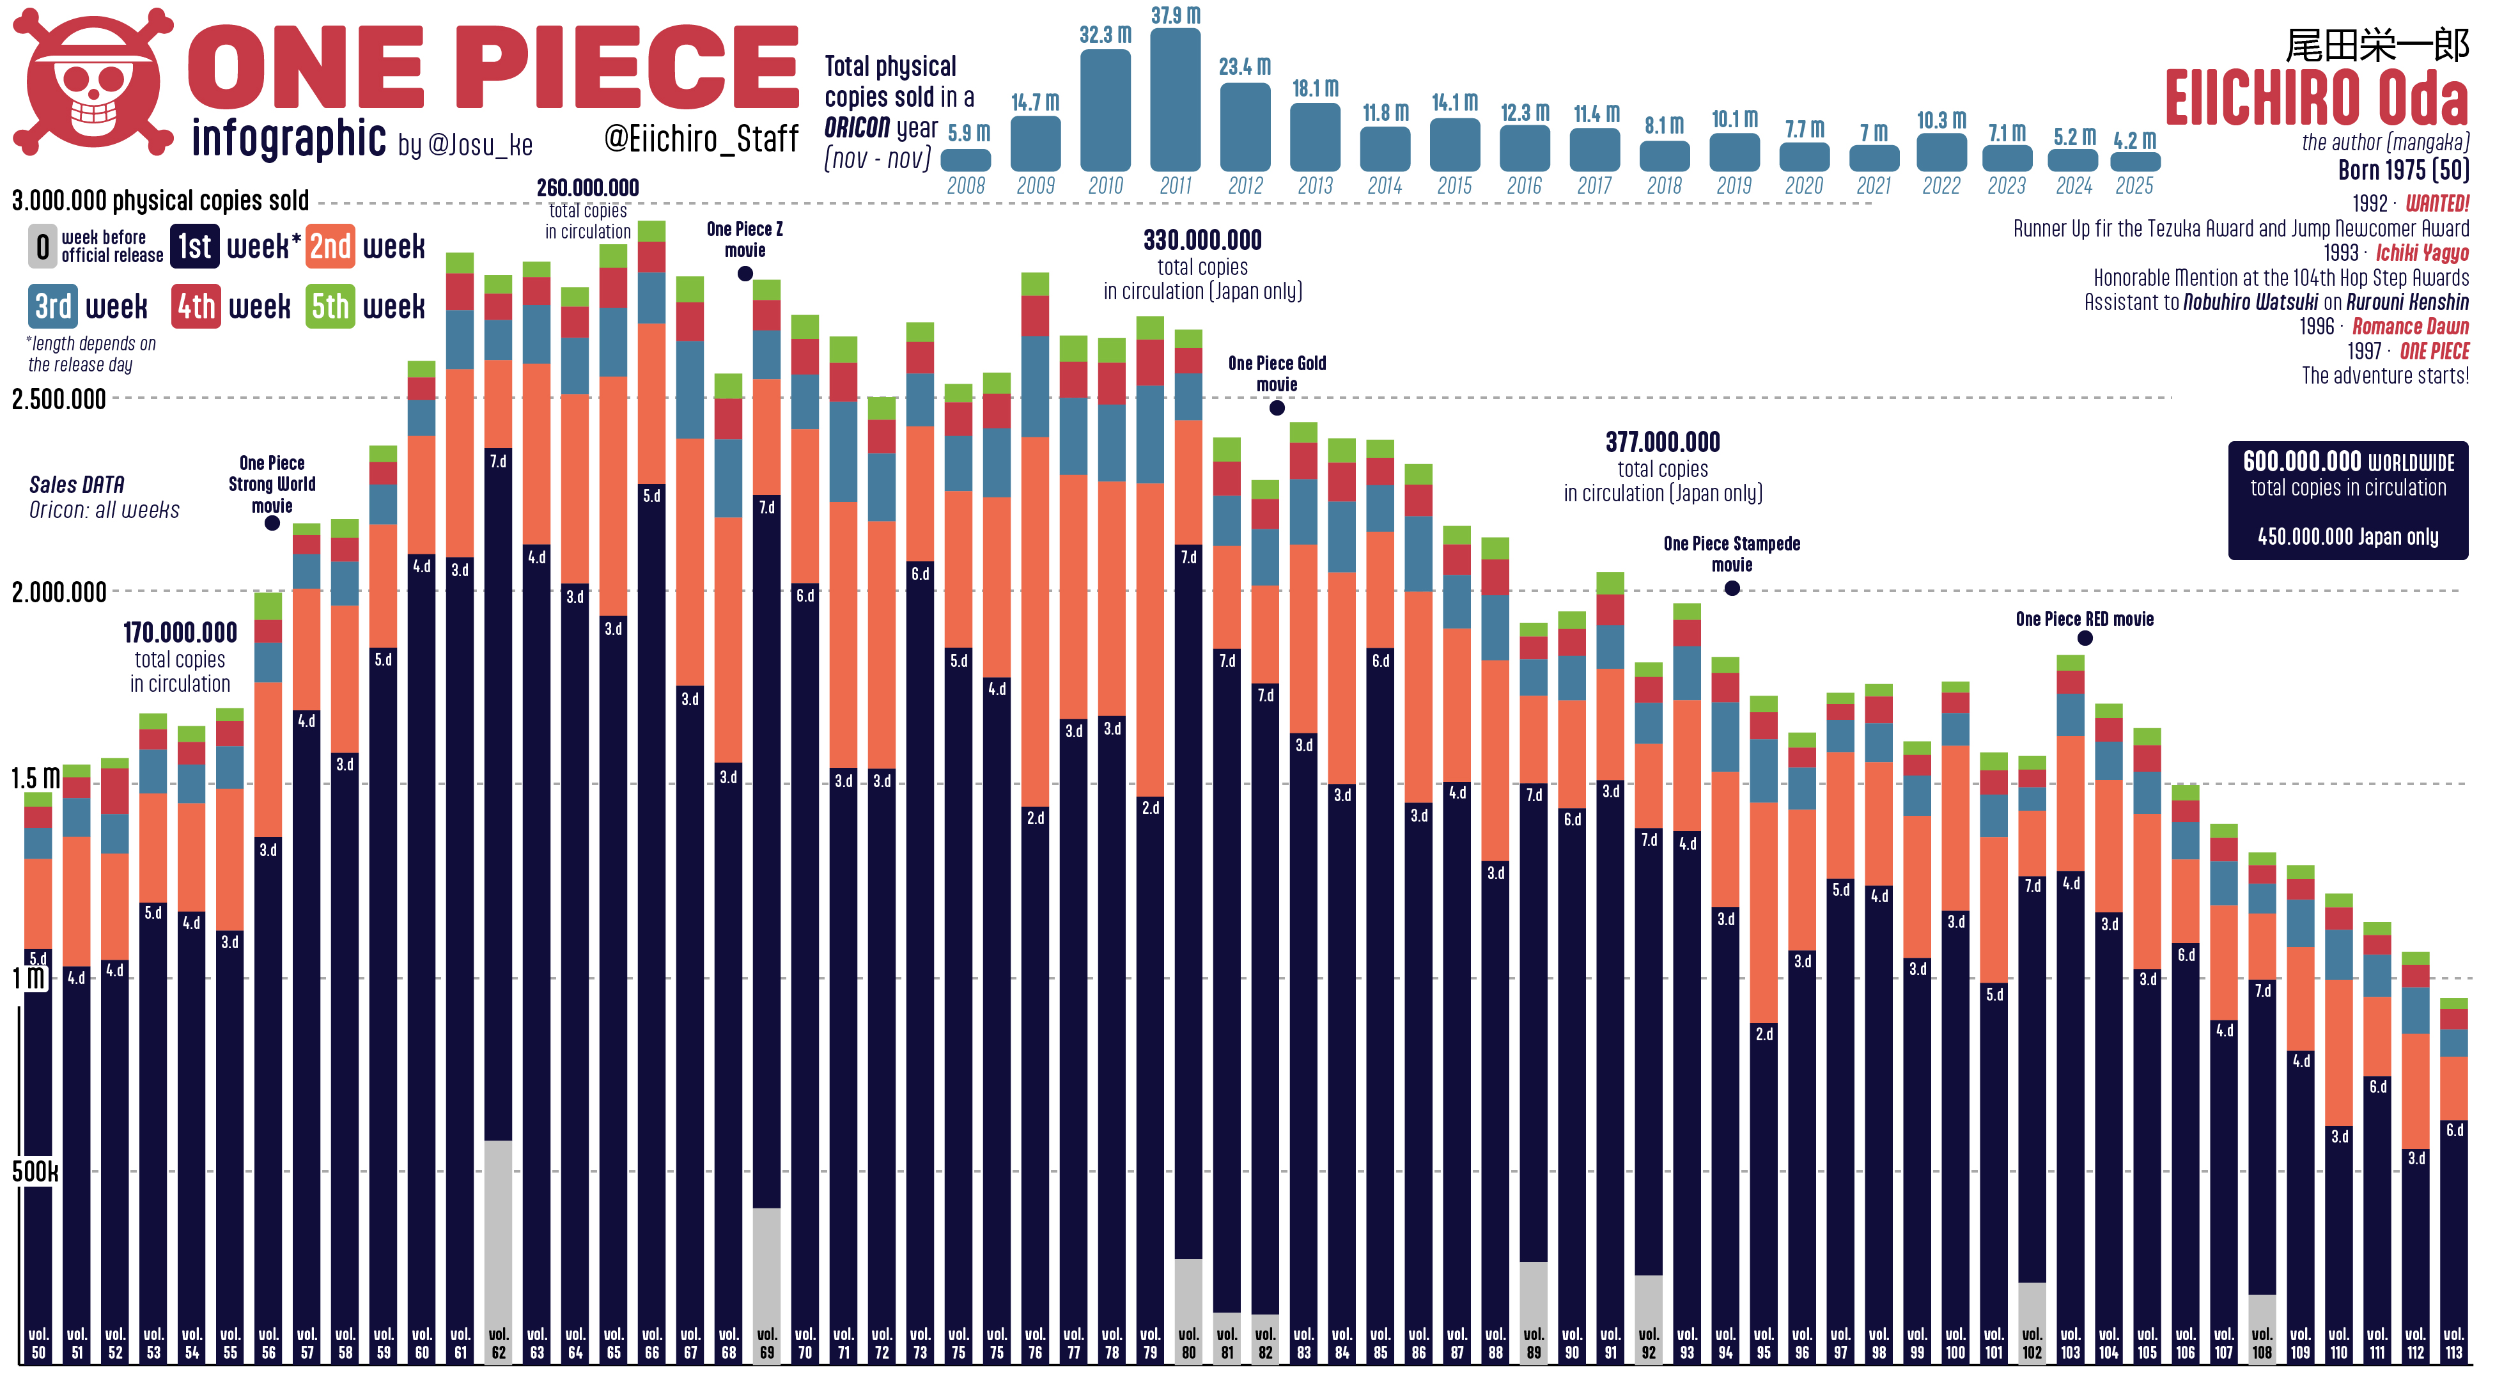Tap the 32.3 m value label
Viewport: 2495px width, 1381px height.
(x=1105, y=35)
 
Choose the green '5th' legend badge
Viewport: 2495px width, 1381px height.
(x=329, y=307)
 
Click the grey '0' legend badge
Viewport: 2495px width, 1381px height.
(x=43, y=247)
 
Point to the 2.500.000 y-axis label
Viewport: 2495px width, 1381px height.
(x=59, y=399)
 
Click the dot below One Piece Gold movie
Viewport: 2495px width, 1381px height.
(x=1277, y=408)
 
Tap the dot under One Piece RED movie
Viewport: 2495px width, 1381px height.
(x=2085, y=638)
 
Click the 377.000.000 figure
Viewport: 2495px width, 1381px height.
(x=1662, y=442)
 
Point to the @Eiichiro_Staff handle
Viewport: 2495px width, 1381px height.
(x=701, y=139)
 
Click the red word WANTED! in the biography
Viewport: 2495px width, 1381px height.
(x=2436, y=203)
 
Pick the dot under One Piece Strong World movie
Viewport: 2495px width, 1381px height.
(x=272, y=523)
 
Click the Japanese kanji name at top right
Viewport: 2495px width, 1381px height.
(x=2376, y=45)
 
